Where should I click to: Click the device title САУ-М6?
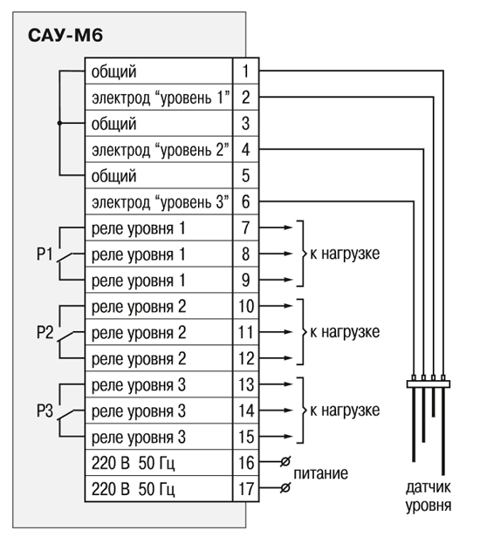pos(65,36)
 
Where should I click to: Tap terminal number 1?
pos(245,71)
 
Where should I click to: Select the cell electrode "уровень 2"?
pos(159,150)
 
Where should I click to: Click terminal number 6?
pos(245,201)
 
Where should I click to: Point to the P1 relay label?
pos(45,254)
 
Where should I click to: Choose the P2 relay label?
pos(45,332)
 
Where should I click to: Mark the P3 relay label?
pos(45,411)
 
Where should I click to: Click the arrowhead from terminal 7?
pos(289,227)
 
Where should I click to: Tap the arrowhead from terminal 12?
pos(289,358)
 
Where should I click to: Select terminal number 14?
pos(246,411)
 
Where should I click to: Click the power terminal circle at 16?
pos(285,462)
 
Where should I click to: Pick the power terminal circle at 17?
pos(285,488)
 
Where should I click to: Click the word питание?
pos(321,474)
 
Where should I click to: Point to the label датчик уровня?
pos(429,496)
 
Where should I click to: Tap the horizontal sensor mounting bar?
pos(429,384)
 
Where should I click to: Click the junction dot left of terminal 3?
pos(59,123)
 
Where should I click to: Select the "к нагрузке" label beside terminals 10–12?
pos(345,332)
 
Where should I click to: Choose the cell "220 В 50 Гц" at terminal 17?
pos(159,489)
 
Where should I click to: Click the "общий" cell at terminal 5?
pos(159,175)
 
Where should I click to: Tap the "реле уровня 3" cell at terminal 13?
pos(159,384)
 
